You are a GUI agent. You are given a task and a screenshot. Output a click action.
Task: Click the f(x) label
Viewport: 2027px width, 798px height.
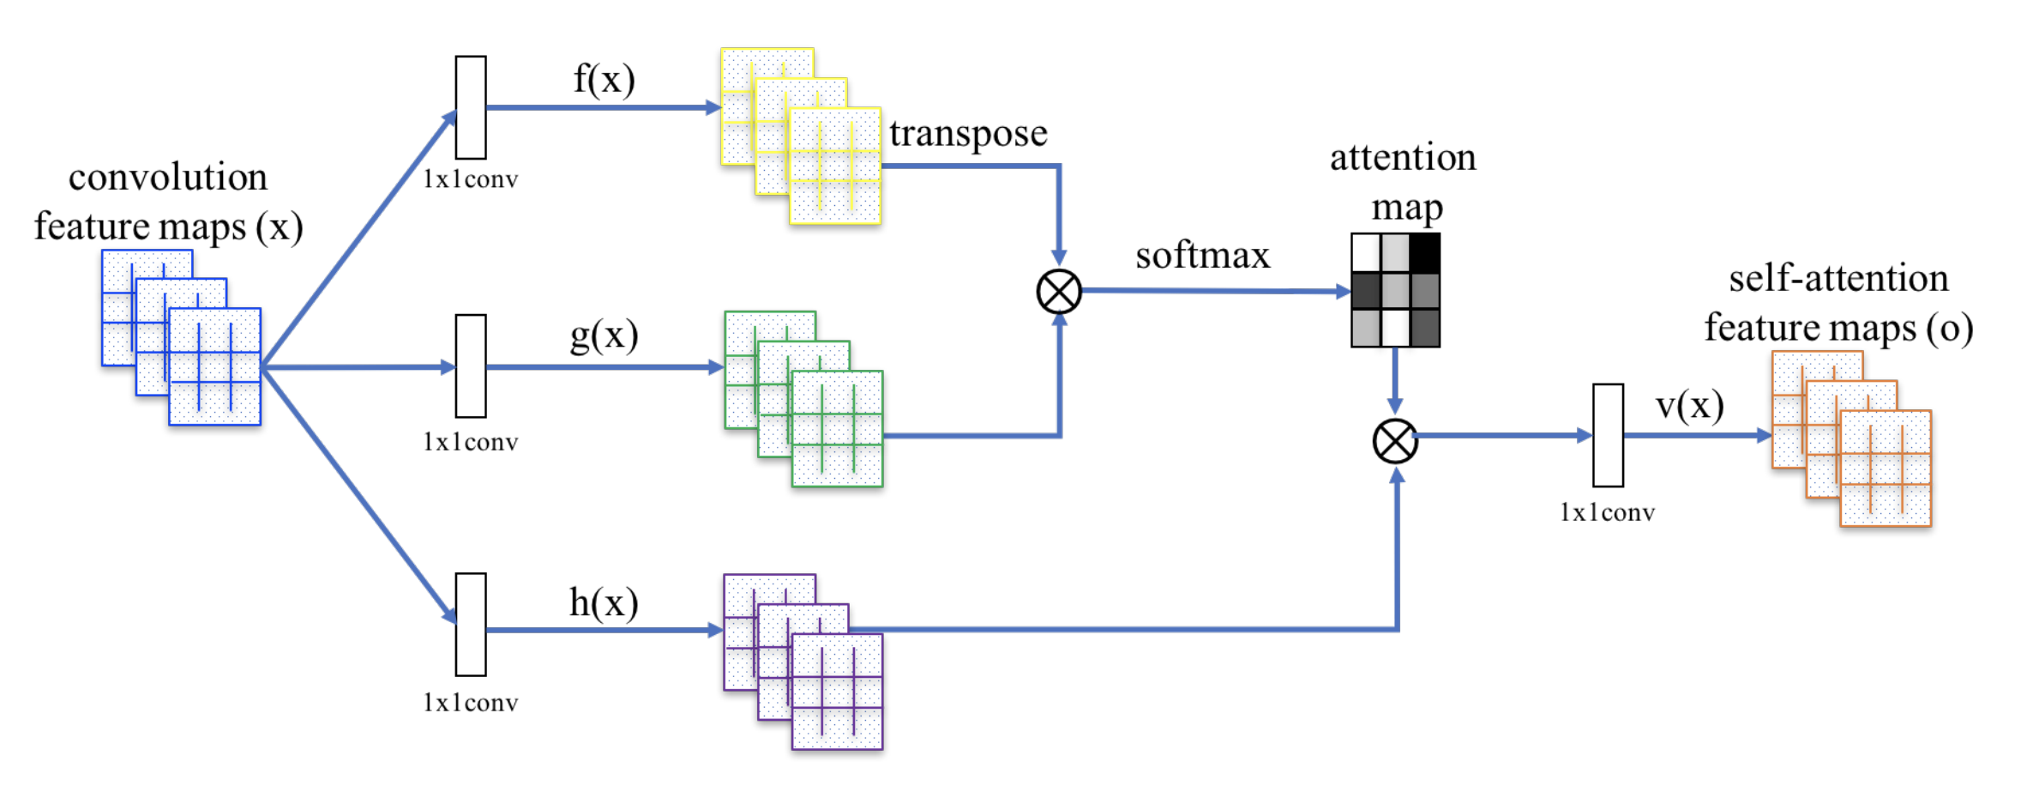[x=604, y=80]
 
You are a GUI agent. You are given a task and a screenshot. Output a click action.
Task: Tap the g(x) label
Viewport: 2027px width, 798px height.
[x=604, y=336]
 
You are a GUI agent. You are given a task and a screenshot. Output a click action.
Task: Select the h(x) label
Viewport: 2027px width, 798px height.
[x=604, y=603]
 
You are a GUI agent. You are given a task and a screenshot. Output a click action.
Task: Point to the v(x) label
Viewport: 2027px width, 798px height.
[x=1689, y=406]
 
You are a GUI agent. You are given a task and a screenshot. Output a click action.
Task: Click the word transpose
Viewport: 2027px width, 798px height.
[x=968, y=134]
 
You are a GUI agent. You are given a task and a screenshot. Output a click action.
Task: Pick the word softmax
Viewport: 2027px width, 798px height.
[x=1202, y=256]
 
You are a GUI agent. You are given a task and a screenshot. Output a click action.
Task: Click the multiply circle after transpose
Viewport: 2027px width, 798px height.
[x=1059, y=292]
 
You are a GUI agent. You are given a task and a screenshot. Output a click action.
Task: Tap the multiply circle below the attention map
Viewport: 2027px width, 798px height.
[x=1395, y=441]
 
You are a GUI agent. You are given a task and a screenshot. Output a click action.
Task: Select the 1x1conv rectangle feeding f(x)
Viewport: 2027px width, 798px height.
[x=471, y=107]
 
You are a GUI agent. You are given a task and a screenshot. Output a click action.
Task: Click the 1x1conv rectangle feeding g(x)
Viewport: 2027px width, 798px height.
[x=471, y=366]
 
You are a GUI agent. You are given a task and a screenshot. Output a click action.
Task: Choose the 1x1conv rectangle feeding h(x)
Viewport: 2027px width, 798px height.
[x=471, y=625]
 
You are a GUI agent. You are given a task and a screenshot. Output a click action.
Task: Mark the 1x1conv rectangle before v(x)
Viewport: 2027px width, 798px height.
[x=1608, y=435]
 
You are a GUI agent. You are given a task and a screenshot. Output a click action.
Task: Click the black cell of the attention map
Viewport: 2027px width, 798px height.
[x=1425, y=252]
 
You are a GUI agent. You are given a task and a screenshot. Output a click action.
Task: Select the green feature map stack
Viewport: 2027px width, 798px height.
[x=803, y=399]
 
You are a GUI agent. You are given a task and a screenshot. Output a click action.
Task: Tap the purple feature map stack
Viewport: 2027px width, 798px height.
[x=803, y=662]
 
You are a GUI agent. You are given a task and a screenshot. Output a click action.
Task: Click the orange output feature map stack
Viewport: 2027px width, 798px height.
[x=1851, y=438]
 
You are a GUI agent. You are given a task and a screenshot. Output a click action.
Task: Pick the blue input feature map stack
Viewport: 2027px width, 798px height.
[x=182, y=337]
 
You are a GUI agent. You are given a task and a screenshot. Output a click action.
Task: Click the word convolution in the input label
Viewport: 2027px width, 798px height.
[x=168, y=178]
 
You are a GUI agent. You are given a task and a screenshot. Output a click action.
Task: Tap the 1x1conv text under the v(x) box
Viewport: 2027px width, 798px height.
[x=1607, y=513]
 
